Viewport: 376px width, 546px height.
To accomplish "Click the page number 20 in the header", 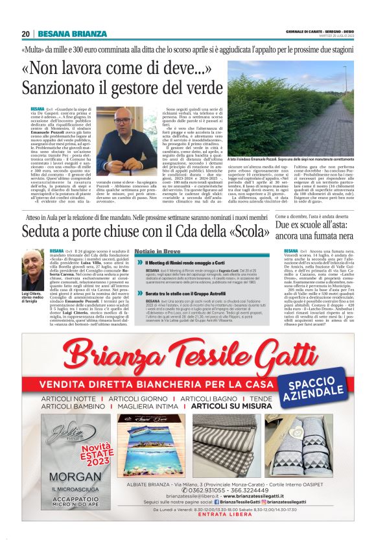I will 26,34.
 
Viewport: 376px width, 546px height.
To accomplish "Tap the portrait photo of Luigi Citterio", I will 34,270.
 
